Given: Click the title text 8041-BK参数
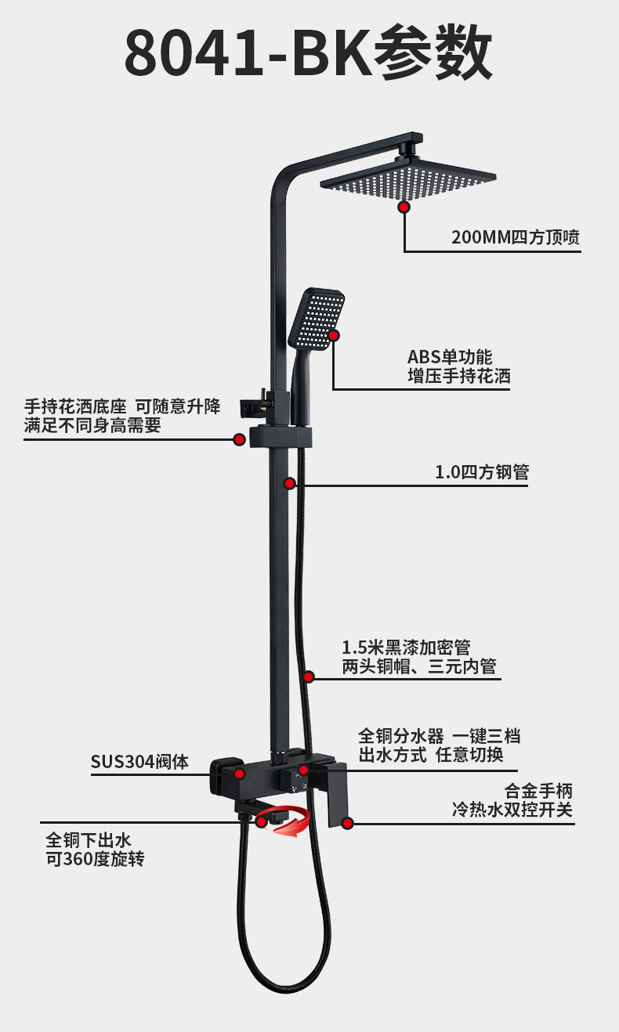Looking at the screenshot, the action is (309, 52).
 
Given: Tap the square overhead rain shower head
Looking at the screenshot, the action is (408, 179).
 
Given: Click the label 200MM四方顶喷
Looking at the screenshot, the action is (516, 237).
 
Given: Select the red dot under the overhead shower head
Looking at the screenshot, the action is (404, 207).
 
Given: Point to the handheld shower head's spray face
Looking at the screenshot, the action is (317, 319).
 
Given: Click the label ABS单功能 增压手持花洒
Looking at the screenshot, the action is (459, 366).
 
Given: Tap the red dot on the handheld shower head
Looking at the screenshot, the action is (334, 335).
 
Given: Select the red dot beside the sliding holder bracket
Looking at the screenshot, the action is (239, 439).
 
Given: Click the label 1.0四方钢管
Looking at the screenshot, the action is (482, 472).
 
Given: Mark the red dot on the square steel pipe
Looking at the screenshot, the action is (289, 483).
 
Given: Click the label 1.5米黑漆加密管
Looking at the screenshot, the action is (406, 648).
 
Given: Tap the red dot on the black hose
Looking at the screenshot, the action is (309, 677).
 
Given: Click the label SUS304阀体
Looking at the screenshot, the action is (139, 762).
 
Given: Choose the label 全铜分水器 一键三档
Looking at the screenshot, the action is (440, 736).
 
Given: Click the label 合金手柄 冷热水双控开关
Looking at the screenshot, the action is (512, 800).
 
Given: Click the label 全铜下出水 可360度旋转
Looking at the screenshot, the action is (95, 850).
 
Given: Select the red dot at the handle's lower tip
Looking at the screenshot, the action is (348, 823).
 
